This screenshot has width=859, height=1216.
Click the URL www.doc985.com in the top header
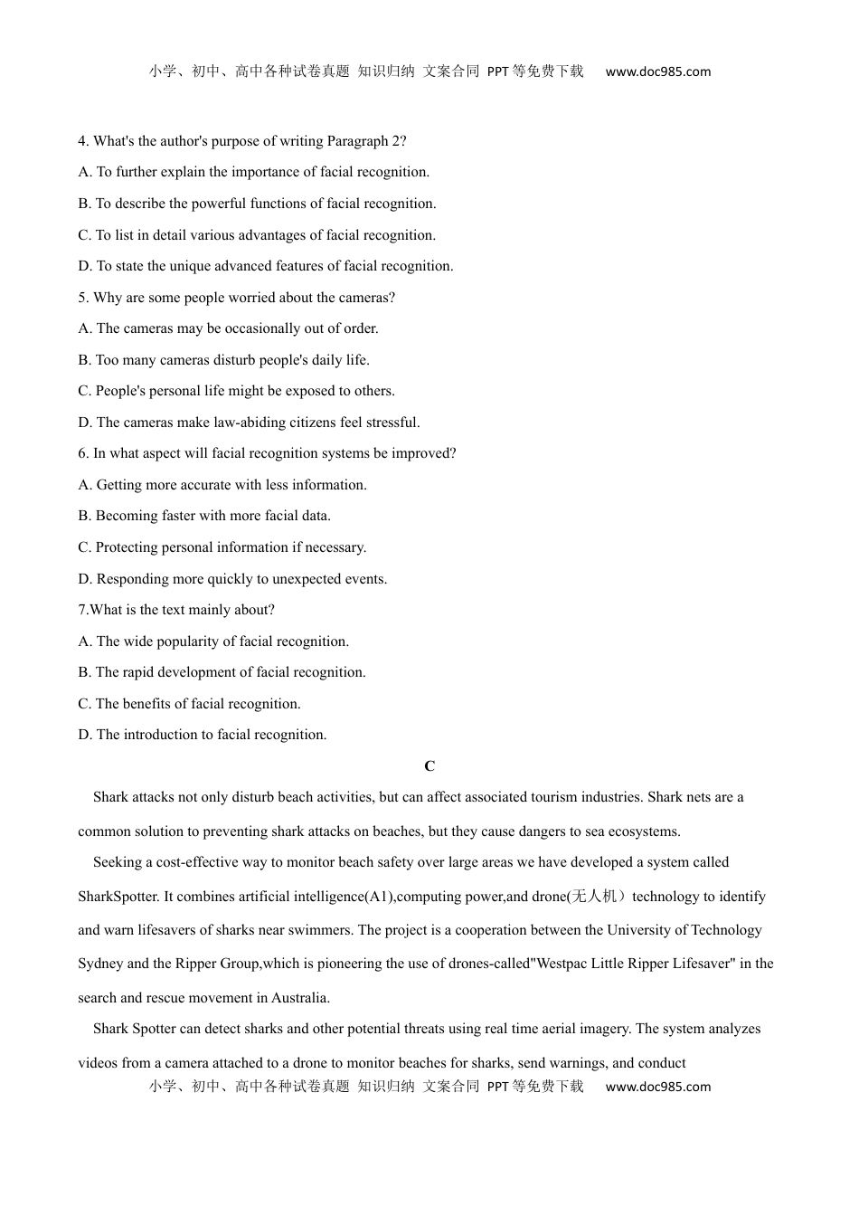click(657, 71)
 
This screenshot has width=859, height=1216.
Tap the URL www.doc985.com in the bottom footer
click(657, 1087)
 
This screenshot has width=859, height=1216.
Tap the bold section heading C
click(429, 766)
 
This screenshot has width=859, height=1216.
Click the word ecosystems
click(645, 831)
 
